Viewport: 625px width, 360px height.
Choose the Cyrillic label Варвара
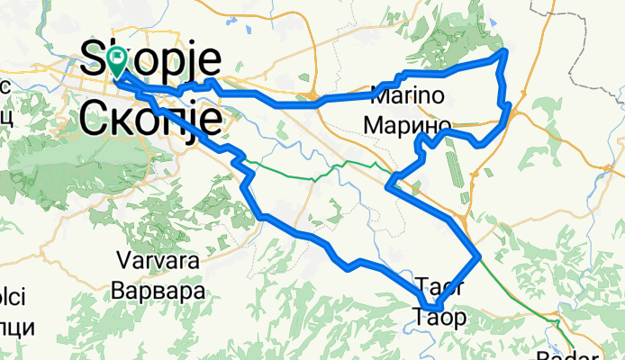click(x=159, y=291)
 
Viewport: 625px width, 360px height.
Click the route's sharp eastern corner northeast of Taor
click(x=480, y=257)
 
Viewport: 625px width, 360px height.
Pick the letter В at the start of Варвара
click(x=120, y=291)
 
